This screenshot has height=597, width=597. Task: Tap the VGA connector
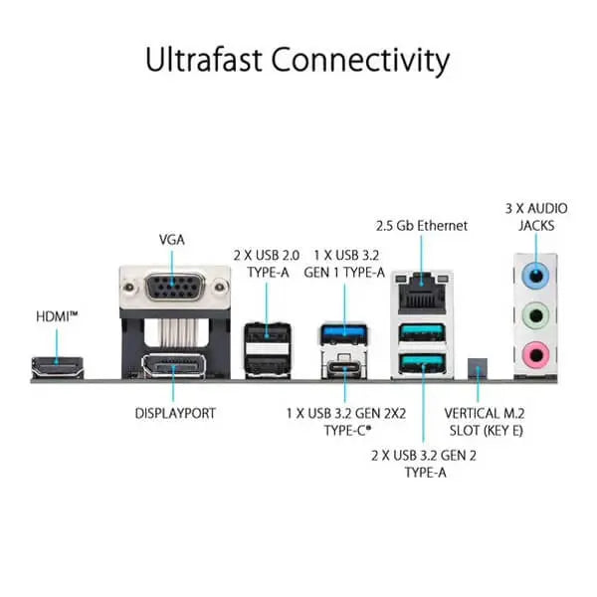[x=172, y=293]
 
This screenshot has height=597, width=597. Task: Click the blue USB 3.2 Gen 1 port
[x=343, y=331]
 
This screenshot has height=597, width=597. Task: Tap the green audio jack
[x=537, y=314]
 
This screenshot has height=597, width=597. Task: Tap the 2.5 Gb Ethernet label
[x=421, y=226]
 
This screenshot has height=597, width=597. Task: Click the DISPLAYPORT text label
[x=176, y=411]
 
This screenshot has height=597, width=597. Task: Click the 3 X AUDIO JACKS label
[x=536, y=217]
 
